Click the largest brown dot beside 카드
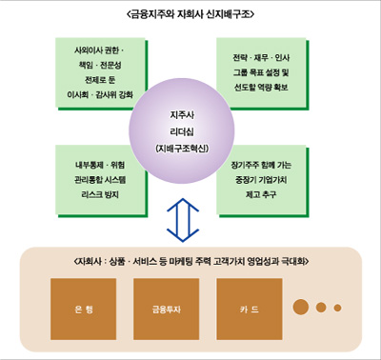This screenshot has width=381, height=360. [x=302, y=307]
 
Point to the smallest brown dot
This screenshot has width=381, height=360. [x=336, y=307]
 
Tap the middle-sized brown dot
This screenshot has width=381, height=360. [x=321, y=307]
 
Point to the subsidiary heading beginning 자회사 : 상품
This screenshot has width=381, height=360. [x=190, y=260]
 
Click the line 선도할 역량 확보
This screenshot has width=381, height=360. [x=267, y=87]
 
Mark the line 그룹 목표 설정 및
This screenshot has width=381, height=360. [x=267, y=72]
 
